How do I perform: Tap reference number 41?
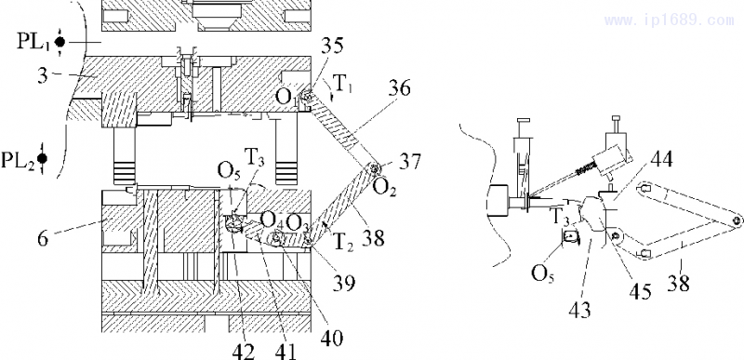point(285,352)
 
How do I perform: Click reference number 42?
point(244,352)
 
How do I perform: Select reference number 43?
point(578,310)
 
